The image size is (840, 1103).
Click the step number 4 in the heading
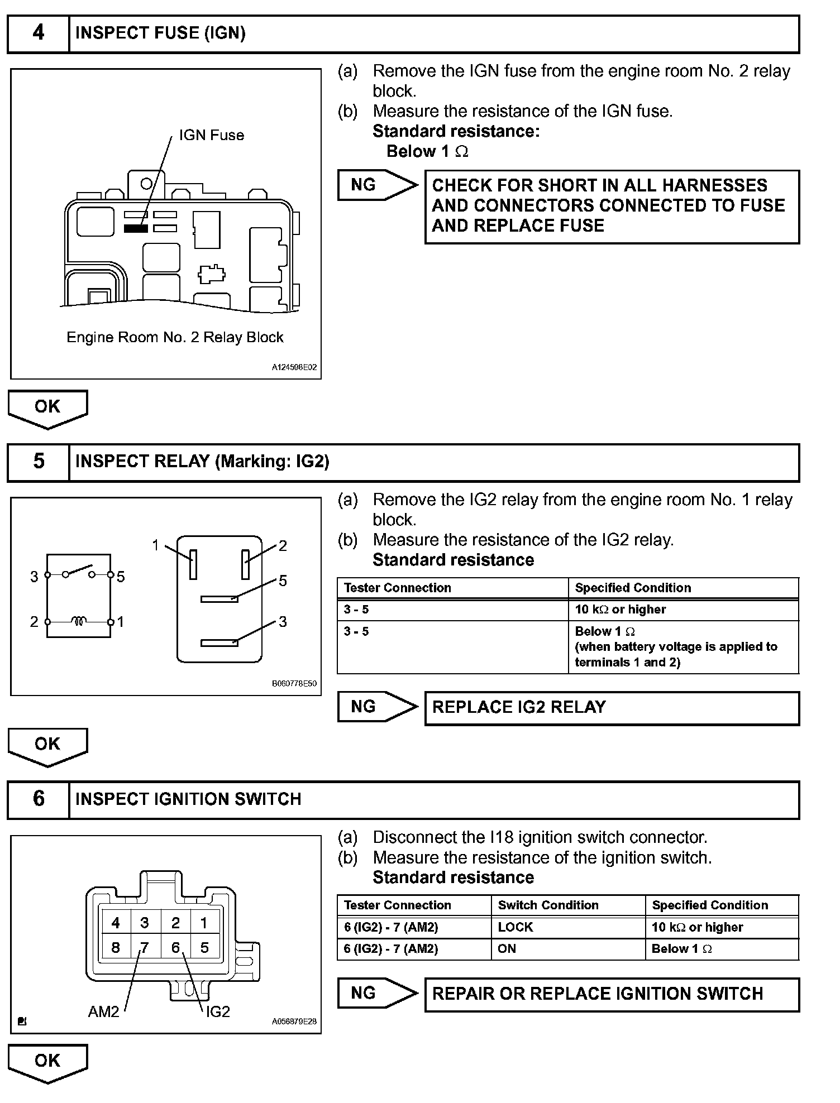pos(38,33)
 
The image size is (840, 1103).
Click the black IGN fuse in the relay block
pos(136,228)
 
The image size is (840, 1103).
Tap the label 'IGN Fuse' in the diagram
pos(211,135)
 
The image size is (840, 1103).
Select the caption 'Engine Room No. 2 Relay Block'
pos(175,337)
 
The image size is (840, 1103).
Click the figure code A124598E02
pos(294,368)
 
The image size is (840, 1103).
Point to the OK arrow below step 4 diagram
pos(47,408)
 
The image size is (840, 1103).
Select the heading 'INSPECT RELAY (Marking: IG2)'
pos(202,462)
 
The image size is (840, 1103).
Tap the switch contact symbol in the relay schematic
pos(79,572)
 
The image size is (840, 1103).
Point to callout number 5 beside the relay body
pos(283,581)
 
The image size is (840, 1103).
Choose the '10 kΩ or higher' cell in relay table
pos(620,610)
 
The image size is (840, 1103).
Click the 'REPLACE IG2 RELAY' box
pos(612,708)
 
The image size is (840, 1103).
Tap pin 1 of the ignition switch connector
pos(204,923)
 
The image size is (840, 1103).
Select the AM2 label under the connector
pos(104,1011)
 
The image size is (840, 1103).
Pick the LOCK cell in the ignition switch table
pos(515,927)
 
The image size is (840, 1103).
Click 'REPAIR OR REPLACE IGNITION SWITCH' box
pos(612,994)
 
